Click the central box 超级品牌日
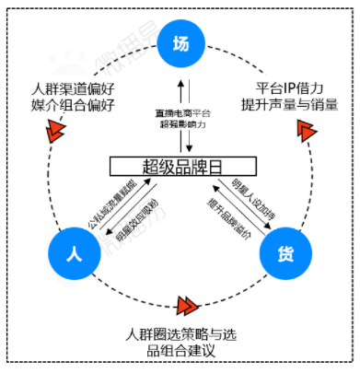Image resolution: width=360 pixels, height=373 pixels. [x=180, y=167]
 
